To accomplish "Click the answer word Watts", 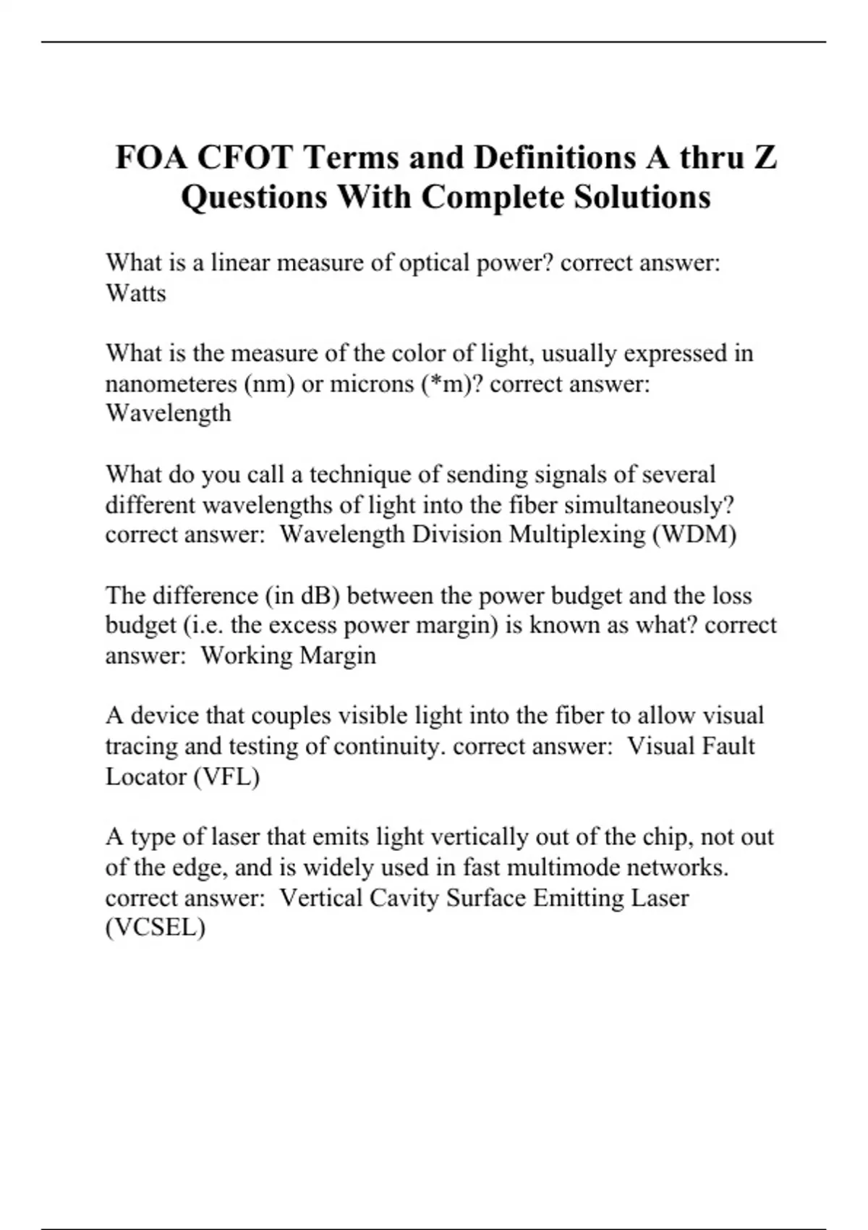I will (x=136, y=293).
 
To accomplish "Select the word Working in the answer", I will (x=247, y=656).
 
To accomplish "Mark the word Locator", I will (x=145, y=776).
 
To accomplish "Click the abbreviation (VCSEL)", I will (x=156, y=928).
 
